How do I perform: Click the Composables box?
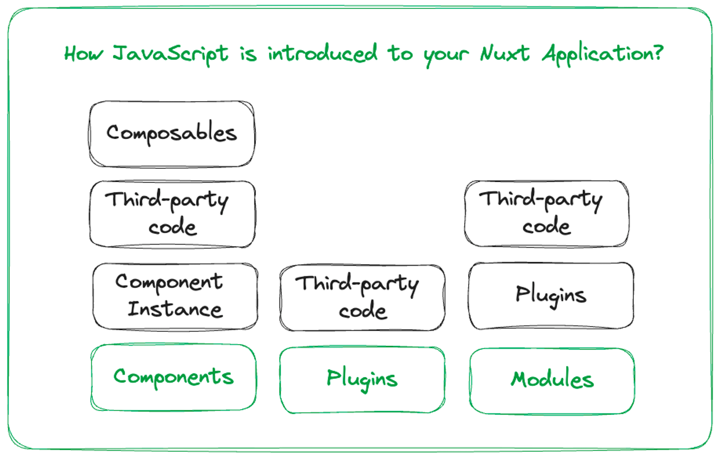coord(172,134)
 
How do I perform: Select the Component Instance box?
coord(175,296)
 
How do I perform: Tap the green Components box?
coord(173,377)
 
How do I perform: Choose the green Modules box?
coord(552,380)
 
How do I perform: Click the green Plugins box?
coord(362,379)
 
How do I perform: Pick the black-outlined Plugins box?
coord(551,295)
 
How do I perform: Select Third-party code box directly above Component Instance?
coord(173,214)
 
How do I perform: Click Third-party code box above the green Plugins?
coord(362,298)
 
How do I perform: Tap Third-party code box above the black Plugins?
coord(546,213)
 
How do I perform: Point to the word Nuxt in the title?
coord(505,54)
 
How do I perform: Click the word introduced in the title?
coord(322,54)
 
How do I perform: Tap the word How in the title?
coord(83,54)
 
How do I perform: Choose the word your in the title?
coord(446,56)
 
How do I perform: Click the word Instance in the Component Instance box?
coord(175,310)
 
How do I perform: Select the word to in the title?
coord(400,54)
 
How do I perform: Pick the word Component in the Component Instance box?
coord(169,282)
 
